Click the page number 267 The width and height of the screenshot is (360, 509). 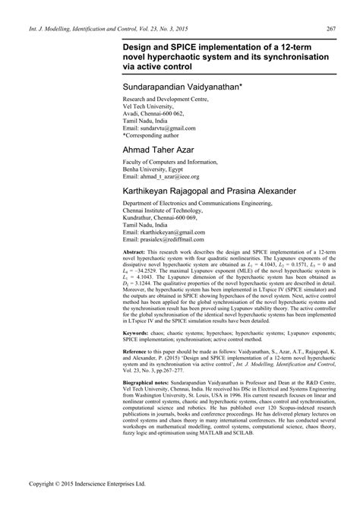click(330, 30)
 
